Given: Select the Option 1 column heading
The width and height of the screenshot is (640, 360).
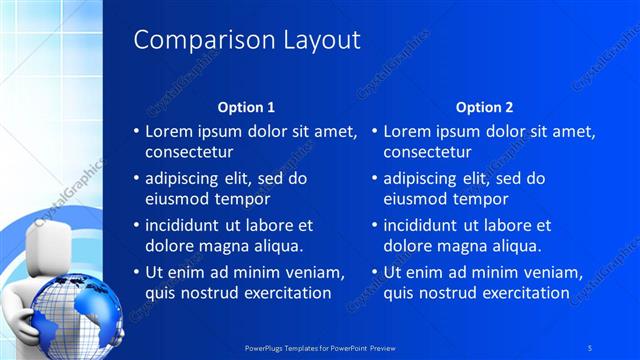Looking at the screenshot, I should [x=246, y=107].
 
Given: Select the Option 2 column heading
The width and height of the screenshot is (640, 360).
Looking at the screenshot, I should [x=484, y=107].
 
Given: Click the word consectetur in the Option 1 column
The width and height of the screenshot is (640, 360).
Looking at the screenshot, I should [x=190, y=153].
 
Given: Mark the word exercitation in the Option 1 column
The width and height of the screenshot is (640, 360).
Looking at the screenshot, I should [x=283, y=293].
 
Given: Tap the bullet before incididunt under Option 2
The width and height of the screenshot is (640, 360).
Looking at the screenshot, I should [x=375, y=226].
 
